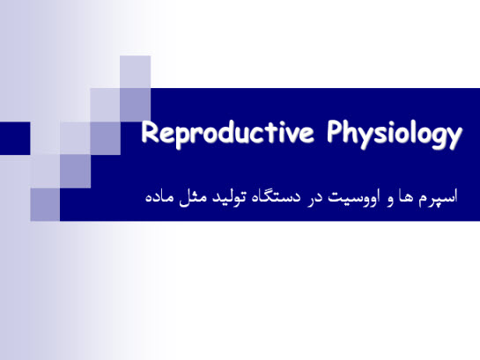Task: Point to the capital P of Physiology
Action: [x=336, y=135]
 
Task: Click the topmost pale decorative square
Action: [x=135, y=71]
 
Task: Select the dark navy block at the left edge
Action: [x=15, y=136]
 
